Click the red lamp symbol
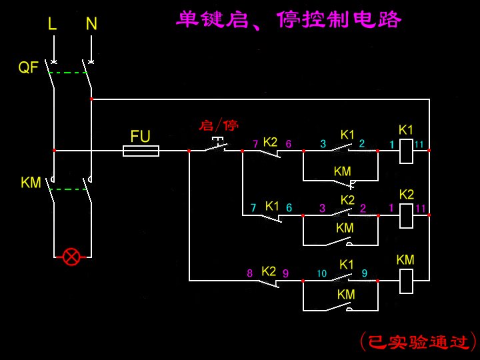tap(71, 256)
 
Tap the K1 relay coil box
tap(406, 151)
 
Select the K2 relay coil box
tap(406, 215)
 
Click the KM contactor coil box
tap(406, 281)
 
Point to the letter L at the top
tap(53, 24)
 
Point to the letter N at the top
tap(91, 24)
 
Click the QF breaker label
tap(28, 67)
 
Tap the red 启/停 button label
tap(219, 125)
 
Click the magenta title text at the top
tap(289, 19)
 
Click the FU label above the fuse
tap(140, 137)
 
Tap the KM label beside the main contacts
tap(31, 182)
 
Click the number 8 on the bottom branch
tap(250, 273)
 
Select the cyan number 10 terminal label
tap(321, 273)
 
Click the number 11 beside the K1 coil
tap(419, 144)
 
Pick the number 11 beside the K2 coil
tap(421, 208)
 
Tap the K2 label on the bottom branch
tap(269, 271)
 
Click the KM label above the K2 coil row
tap(342, 171)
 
